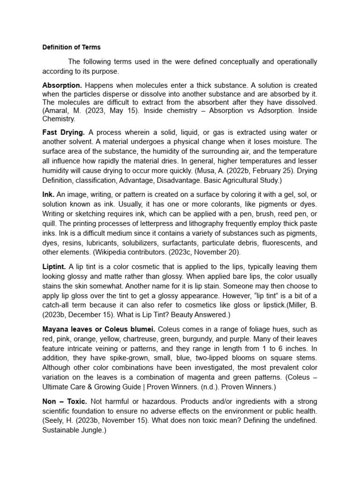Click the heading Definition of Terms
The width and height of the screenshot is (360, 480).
71,47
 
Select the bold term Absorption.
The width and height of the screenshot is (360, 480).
62,85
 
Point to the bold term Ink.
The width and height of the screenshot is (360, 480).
48,194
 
